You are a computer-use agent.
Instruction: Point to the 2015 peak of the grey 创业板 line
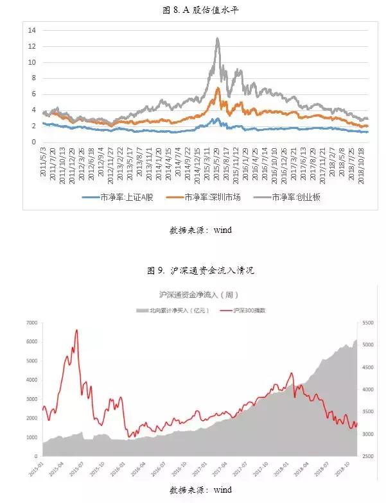click(218, 38)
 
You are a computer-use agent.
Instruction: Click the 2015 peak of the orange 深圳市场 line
click(218, 88)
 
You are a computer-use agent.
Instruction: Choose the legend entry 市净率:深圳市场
click(211, 198)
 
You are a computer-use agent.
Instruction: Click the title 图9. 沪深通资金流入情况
click(193, 271)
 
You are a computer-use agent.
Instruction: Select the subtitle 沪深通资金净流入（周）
click(193, 295)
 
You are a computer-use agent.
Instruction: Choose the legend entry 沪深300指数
click(248, 310)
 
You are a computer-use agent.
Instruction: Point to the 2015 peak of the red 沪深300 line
click(76, 330)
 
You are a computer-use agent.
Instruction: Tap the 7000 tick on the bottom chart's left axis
click(31, 323)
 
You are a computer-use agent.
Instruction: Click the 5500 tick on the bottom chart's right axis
click(367, 323)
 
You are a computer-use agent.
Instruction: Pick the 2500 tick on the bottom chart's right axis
click(367, 457)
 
